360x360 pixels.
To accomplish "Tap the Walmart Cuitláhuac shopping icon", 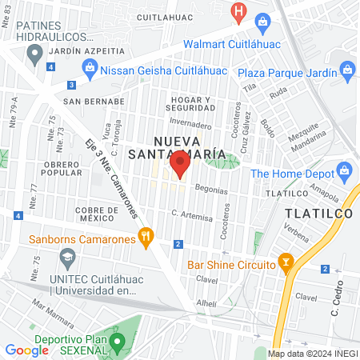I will (261, 22).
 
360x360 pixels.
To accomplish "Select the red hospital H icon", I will (238, 11).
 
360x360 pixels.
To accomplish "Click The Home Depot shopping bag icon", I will (345, 170).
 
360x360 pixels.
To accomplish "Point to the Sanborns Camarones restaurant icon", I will (145, 236).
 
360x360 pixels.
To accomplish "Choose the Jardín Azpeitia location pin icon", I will (34, 54).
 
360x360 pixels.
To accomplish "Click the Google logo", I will (26, 350).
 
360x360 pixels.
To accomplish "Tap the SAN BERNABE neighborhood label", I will (94, 102).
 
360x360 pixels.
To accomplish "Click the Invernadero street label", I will (190, 125).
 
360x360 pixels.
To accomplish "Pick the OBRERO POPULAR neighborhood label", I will (62, 168).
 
